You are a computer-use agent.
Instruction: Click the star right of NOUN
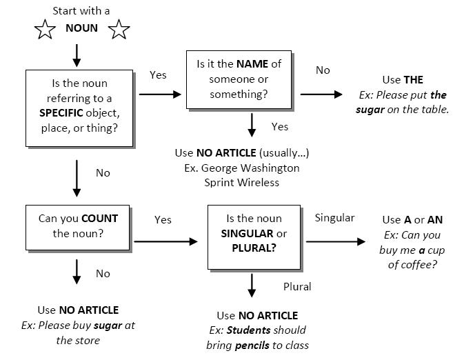[x=119, y=30]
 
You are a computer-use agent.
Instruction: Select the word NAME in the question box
[x=252, y=64]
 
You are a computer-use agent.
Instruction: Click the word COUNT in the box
[x=99, y=218]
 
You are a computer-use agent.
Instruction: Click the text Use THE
[x=403, y=80]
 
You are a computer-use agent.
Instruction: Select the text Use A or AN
[x=412, y=219]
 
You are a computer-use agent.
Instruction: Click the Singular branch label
[x=334, y=218]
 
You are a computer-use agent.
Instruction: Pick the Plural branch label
[x=297, y=286]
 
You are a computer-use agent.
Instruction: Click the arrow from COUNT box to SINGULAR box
[x=165, y=241]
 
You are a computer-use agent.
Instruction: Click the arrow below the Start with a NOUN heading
[x=77, y=53]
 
